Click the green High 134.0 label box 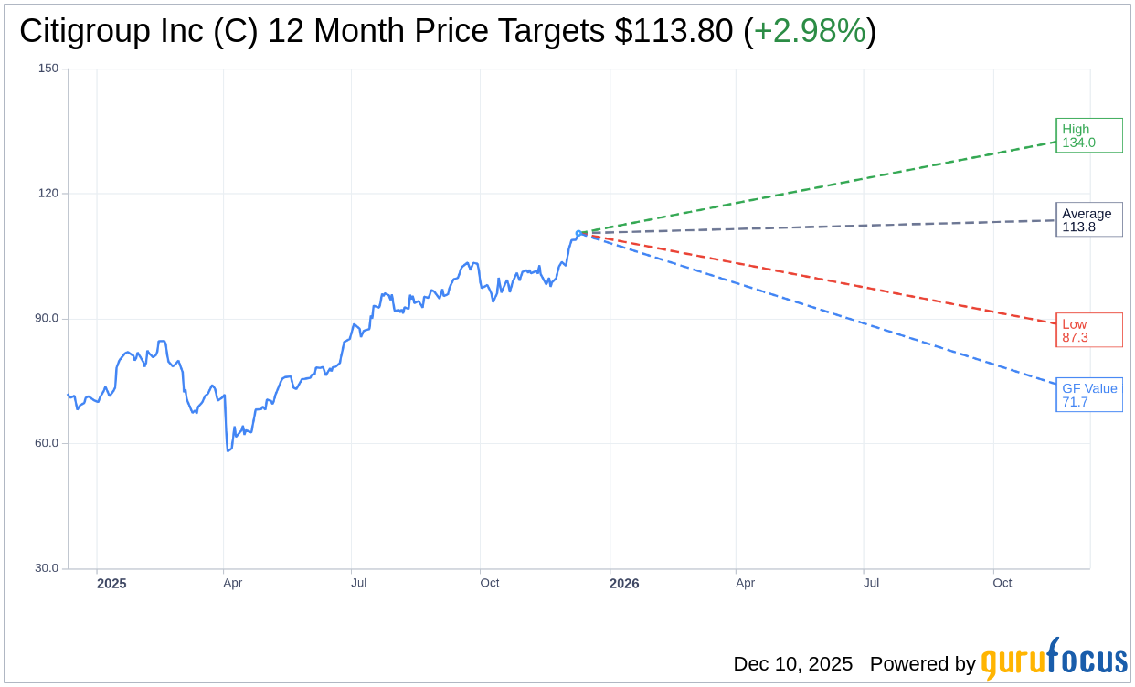tap(1088, 135)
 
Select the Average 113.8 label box tap(1088, 220)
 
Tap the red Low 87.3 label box tap(1088, 331)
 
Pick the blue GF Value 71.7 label tap(1088, 395)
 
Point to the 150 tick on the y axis tap(48, 69)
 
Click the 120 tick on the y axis tap(48, 194)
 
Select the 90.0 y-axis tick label tap(47, 319)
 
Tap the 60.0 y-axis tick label tap(47, 443)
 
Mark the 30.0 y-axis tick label tap(47, 568)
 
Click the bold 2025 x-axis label tap(111, 584)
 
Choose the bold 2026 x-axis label tap(624, 584)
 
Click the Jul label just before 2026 tap(359, 583)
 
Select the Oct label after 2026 tap(1002, 583)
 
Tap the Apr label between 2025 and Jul tap(233, 583)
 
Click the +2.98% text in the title tap(810, 31)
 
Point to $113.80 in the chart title tap(674, 31)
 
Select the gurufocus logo tap(1054, 660)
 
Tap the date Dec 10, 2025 tap(792, 664)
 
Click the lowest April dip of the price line tap(228, 450)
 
